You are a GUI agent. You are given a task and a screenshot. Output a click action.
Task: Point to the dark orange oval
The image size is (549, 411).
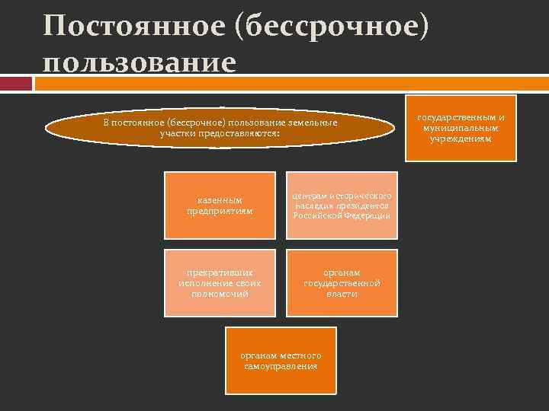[220, 129]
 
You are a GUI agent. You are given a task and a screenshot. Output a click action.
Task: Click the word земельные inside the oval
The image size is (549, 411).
[313, 123]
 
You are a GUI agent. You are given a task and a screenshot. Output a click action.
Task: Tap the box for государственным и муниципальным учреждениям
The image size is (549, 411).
[461, 128]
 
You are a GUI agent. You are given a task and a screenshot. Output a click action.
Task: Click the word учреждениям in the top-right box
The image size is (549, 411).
[461, 139]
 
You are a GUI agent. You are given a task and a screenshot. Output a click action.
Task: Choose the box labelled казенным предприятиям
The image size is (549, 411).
[220, 205]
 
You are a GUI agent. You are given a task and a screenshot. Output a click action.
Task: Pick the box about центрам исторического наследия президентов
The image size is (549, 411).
[342, 205]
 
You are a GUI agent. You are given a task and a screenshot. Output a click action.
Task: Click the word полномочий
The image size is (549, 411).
[220, 293]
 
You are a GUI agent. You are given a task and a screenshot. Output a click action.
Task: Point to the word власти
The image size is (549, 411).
[342, 293]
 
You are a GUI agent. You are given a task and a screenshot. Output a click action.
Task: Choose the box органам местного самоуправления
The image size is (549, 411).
[281, 361]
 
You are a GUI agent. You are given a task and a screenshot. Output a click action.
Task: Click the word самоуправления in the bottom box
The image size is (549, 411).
[281, 366]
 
